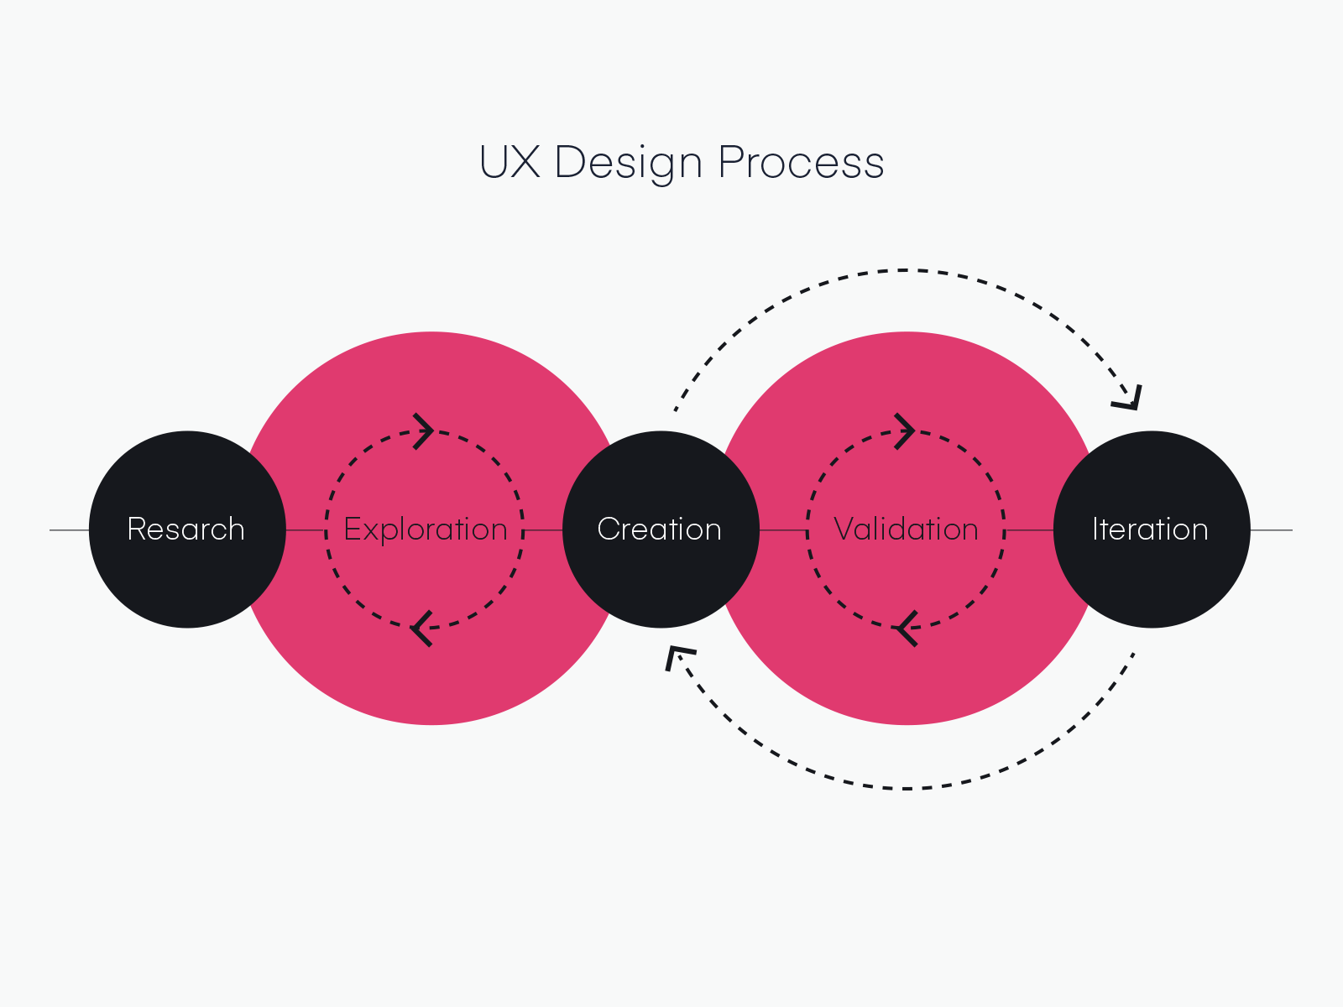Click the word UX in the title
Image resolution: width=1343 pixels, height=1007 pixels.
pyautogui.click(x=509, y=162)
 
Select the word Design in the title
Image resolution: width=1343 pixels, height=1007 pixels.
pyautogui.click(x=628, y=164)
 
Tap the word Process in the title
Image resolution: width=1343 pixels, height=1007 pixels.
pyautogui.click(x=801, y=162)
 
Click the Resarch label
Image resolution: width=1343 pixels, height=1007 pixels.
pyautogui.click(x=186, y=530)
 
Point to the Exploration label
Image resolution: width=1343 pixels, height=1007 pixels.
pyautogui.click(x=426, y=530)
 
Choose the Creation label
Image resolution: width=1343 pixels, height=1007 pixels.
pyautogui.click(x=659, y=530)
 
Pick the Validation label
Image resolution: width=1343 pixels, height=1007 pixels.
pyautogui.click(x=906, y=530)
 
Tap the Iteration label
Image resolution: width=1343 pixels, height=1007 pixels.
pyautogui.click(x=1150, y=530)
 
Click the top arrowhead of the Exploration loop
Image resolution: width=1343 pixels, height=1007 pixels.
pyautogui.click(x=424, y=431)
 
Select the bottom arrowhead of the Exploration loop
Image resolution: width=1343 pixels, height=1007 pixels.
pyautogui.click(x=422, y=628)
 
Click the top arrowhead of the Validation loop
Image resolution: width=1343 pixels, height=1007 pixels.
pyautogui.click(x=904, y=431)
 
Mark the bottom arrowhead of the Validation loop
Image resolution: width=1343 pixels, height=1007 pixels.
pyautogui.click(x=905, y=628)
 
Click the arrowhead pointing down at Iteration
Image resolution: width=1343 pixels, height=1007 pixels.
pyautogui.click(x=1129, y=398)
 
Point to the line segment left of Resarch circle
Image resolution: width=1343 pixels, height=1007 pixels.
pyautogui.click(x=70, y=530)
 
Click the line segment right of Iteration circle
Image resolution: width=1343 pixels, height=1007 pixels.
pyautogui.click(x=1271, y=530)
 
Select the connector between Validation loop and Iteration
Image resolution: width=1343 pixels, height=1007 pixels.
pyautogui.click(x=1029, y=530)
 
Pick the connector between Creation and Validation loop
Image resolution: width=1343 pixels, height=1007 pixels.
pyautogui.click(x=783, y=530)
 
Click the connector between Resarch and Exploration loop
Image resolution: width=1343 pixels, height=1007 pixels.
pyautogui.click(x=306, y=530)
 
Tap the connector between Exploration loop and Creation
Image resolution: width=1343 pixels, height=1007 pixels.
pyautogui.click(x=543, y=530)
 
